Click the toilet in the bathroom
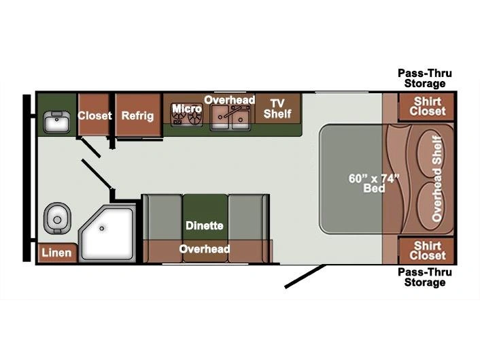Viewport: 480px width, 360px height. (57, 218)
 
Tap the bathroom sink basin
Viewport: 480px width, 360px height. (56, 122)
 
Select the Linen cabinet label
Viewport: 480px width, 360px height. (56, 252)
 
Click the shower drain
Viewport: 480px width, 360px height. (101, 229)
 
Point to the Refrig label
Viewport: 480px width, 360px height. (137, 116)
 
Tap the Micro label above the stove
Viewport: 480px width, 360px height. (187, 108)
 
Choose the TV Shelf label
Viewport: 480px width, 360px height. (277, 108)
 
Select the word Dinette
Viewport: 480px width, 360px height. (205, 226)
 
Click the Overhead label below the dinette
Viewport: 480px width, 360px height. (205, 249)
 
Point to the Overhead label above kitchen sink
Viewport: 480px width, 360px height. (230, 100)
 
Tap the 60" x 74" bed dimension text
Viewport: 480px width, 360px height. (374, 183)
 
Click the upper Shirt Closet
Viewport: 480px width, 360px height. (428, 106)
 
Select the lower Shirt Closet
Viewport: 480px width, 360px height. (428, 250)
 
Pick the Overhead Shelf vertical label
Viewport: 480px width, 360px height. (437, 179)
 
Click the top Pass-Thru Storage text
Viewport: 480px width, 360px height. (425, 78)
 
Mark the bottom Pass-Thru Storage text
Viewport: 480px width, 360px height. (425, 277)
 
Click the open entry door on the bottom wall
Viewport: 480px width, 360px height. (305, 277)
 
